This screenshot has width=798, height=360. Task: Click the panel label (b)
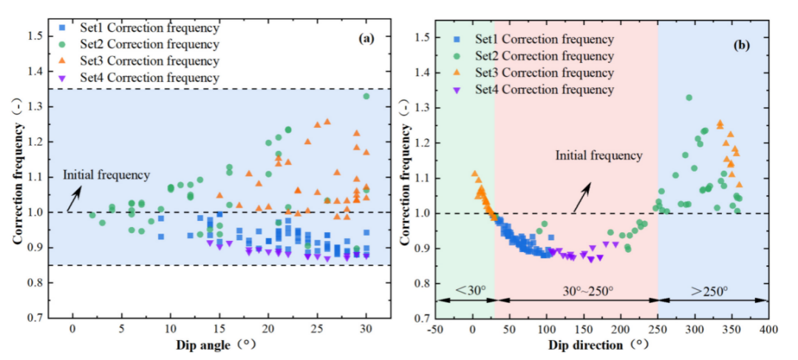tap(742, 44)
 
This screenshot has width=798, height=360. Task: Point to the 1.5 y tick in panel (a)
tap(34, 36)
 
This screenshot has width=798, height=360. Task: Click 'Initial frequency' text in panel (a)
tap(106, 175)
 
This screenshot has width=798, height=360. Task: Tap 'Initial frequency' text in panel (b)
tap(599, 156)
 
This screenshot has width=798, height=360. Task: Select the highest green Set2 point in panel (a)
tap(366, 96)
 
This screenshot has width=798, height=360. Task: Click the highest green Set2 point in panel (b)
tap(689, 98)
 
